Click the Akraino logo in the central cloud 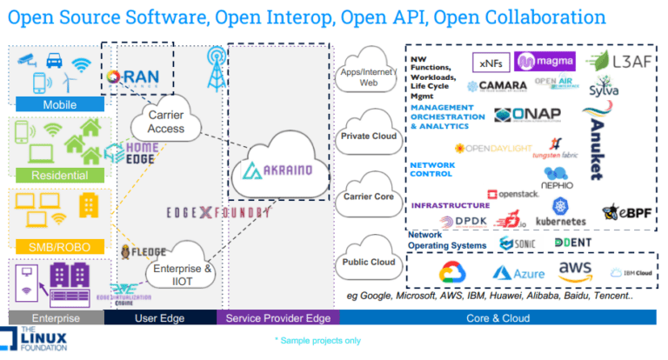click(x=277, y=170)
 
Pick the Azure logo click(x=518, y=272)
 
